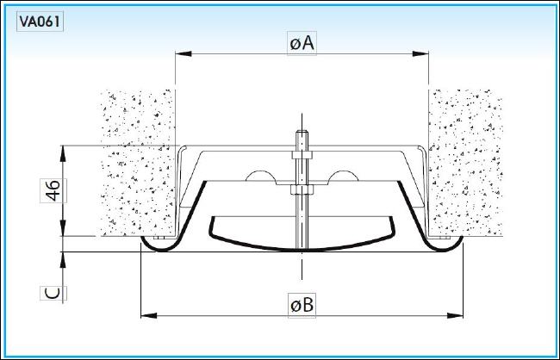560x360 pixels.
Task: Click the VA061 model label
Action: pyautogui.click(x=40, y=22)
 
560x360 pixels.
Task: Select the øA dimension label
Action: pyautogui.click(x=302, y=43)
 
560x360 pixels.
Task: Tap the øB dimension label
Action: pyautogui.click(x=302, y=306)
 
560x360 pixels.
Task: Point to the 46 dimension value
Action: pyautogui.click(x=53, y=190)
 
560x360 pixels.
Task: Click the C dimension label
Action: pyautogui.click(x=53, y=293)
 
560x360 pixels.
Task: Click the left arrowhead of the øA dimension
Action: pyautogui.click(x=184, y=54)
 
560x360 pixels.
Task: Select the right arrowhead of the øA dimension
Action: pyautogui.click(x=420, y=54)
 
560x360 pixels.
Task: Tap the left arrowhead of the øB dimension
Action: pyautogui.click(x=149, y=316)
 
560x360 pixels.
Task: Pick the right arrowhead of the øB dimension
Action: pyautogui.click(x=455, y=316)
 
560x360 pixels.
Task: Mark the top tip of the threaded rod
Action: pyautogui.click(x=302, y=132)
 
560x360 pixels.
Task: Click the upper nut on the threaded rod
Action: pyautogui.click(x=302, y=155)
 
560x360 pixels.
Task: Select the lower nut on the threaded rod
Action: pyautogui.click(x=302, y=189)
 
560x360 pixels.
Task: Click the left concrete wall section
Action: pyautogui.click(x=138, y=163)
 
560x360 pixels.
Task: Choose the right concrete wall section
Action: pyautogui.click(x=466, y=163)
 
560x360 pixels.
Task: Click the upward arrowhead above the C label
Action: pyautogui.click(x=63, y=260)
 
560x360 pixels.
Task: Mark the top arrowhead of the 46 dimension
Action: pyautogui.click(x=63, y=153)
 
